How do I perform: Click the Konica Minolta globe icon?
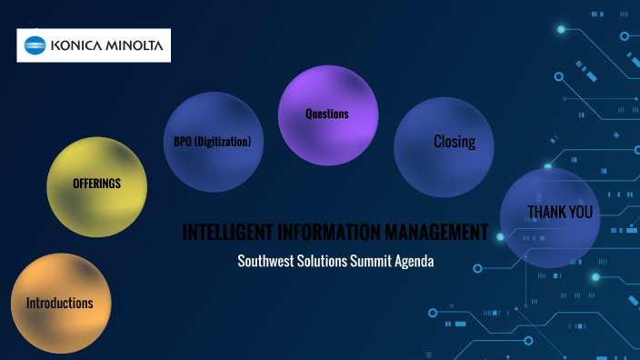click(x=35, y=45)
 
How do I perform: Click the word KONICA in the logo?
click(x=75, y=45)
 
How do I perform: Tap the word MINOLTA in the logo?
click(x=133, y=45)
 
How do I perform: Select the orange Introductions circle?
click(x=60, y=303)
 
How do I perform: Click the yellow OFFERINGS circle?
click(x=96, y=185)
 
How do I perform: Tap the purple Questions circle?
click(x=327, y=115)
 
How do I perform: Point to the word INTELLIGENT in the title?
click(x=227, y=233)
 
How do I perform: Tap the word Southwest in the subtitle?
click(x=265, y=261)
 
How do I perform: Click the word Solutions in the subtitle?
click(x=324, y=261)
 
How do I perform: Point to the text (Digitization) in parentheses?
click(x=223, y=143)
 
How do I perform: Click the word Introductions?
click(x=60, y=303)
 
